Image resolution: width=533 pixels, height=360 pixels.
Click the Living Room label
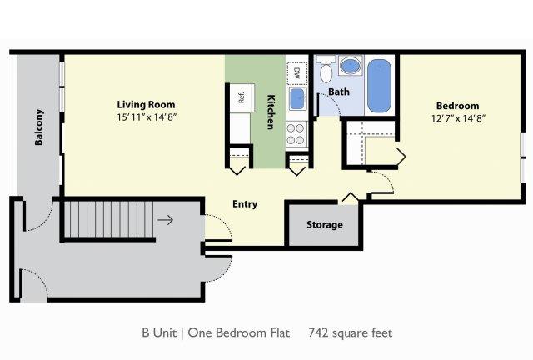pyautogui.click(x=147, y=105)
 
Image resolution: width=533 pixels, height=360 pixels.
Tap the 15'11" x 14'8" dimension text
pyautogui.click(x=147, y=117)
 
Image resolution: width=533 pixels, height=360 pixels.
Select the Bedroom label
pyautogui.click(x=457, y=106)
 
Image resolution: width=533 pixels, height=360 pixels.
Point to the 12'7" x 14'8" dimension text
pyautogui.click(x=458, y=118)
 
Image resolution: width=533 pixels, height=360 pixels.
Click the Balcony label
pyautogui.click(x=39, y=127)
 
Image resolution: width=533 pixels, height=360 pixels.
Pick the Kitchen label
pyautogui.click(x=271, y=112)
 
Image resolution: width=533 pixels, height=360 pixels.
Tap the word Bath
pyautogui.click(x=339, y=92)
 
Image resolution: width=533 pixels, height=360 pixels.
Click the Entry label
pyautogui.click(x=245, y=204)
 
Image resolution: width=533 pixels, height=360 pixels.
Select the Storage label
pyautogui.click(x=325, y=224)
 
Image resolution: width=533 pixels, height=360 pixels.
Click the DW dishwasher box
pyautogui.click(x=297, y=73)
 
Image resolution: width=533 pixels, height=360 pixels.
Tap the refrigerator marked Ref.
pyautogui.click(x=242, y=97)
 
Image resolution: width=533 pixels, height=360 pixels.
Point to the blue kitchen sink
pyautogui.click(x=297, y=99)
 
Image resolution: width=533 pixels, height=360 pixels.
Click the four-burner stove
pyautogui.click(x=296, y=134)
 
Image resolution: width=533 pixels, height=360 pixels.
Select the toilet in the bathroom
pyautogui.click(x=326, y=69)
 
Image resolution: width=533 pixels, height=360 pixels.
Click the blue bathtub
pyautogui.click(x=379, y=86)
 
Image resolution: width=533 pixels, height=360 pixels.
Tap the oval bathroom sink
pyautogui.click(x=351, y=66)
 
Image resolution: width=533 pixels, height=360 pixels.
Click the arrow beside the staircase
pyautogui.click(x=165, y=220)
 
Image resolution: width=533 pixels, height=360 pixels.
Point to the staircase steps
pyautogui.click(x=109, y=219)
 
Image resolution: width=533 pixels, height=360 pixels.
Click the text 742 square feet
pyautogui.click(x=351, y=332)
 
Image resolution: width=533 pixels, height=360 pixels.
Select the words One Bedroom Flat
pyautogui.click(x=239, y=332)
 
